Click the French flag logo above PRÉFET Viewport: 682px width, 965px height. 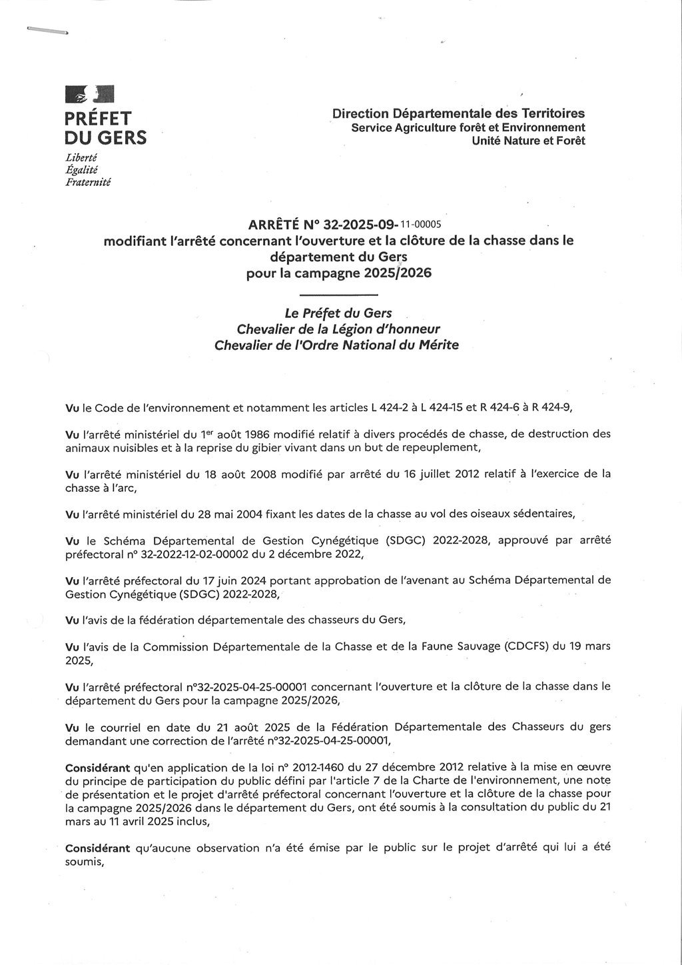click(x=89, y=95)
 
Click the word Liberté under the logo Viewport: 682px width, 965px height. click(x=81, y=158)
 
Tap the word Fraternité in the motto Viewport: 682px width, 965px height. click(x=88, y=182)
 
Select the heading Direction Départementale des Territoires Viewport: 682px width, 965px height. click(x=458, y=114)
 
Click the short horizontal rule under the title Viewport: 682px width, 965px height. click(x=338, y=294)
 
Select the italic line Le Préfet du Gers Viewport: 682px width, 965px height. click(x=338, y=313)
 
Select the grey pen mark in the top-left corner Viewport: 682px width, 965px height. click(x=47, y=31)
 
